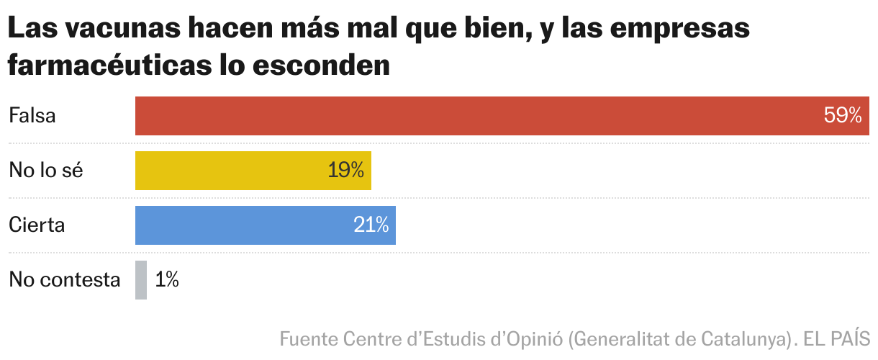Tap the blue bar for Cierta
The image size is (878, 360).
245,225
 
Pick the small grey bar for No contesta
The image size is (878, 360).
141,280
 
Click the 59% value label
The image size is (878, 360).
843,116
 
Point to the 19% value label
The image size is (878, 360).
345,171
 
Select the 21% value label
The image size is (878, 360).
371,225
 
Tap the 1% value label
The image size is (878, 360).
167,280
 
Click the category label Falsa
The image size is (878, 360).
32,116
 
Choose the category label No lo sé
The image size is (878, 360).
46,171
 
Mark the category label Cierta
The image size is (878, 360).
37,225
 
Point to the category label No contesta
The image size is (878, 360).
64,280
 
